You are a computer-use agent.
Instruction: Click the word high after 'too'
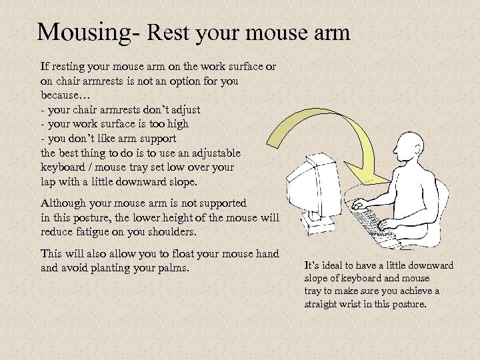pyautogui.click(x=179, y=123)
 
